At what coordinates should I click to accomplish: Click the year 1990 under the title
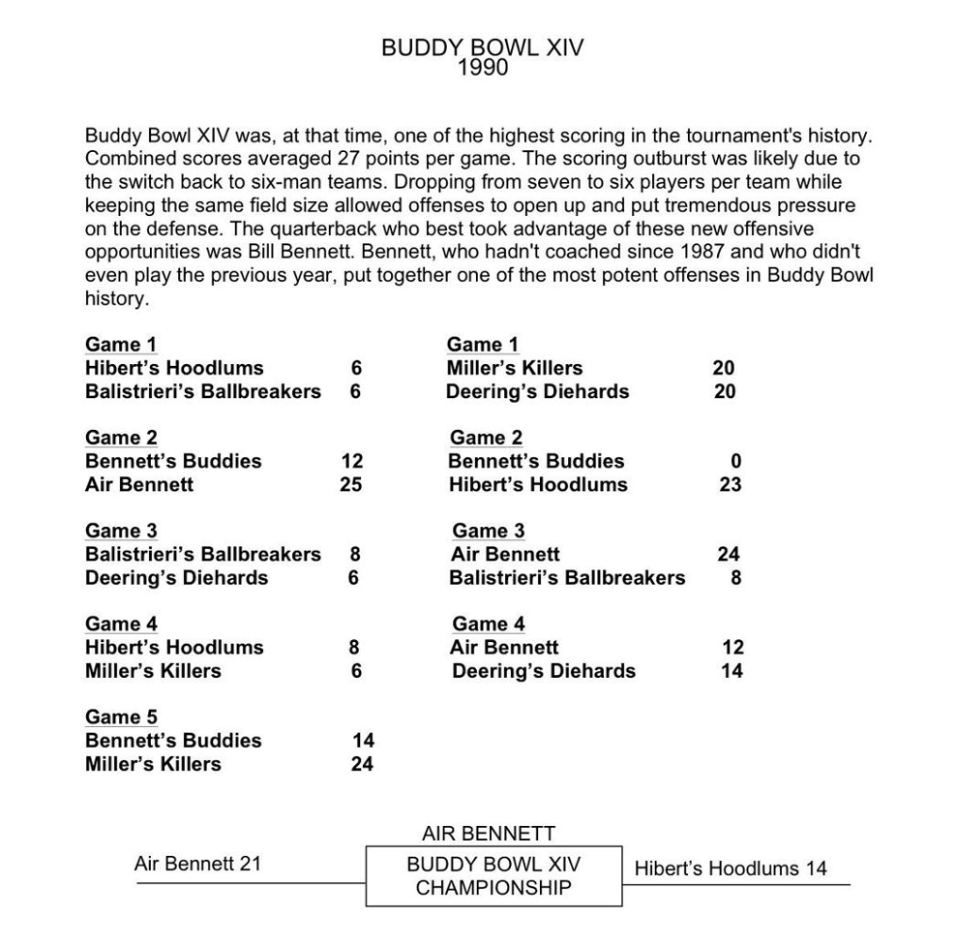click(482, 68)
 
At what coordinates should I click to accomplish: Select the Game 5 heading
click(121, 717)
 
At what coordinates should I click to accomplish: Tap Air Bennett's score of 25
click(351, 484)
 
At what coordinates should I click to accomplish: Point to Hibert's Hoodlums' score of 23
click(731, 484)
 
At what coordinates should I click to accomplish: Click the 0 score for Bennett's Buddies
click(735, 461)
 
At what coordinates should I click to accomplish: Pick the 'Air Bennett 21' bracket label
click(197, 863)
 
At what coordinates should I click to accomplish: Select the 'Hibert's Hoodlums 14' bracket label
click(731, 869)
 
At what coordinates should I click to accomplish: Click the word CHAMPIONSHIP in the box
click(493, 888)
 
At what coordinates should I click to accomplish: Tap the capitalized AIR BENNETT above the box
click(489, 834)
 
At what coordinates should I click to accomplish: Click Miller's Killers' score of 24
click(362, 764)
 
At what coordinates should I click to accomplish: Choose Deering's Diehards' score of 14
click(732, 671)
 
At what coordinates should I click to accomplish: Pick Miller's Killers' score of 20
click(724, 368)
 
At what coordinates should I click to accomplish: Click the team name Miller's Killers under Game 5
click(153, 764)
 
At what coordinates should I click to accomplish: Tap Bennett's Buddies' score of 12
click(351, 461)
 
